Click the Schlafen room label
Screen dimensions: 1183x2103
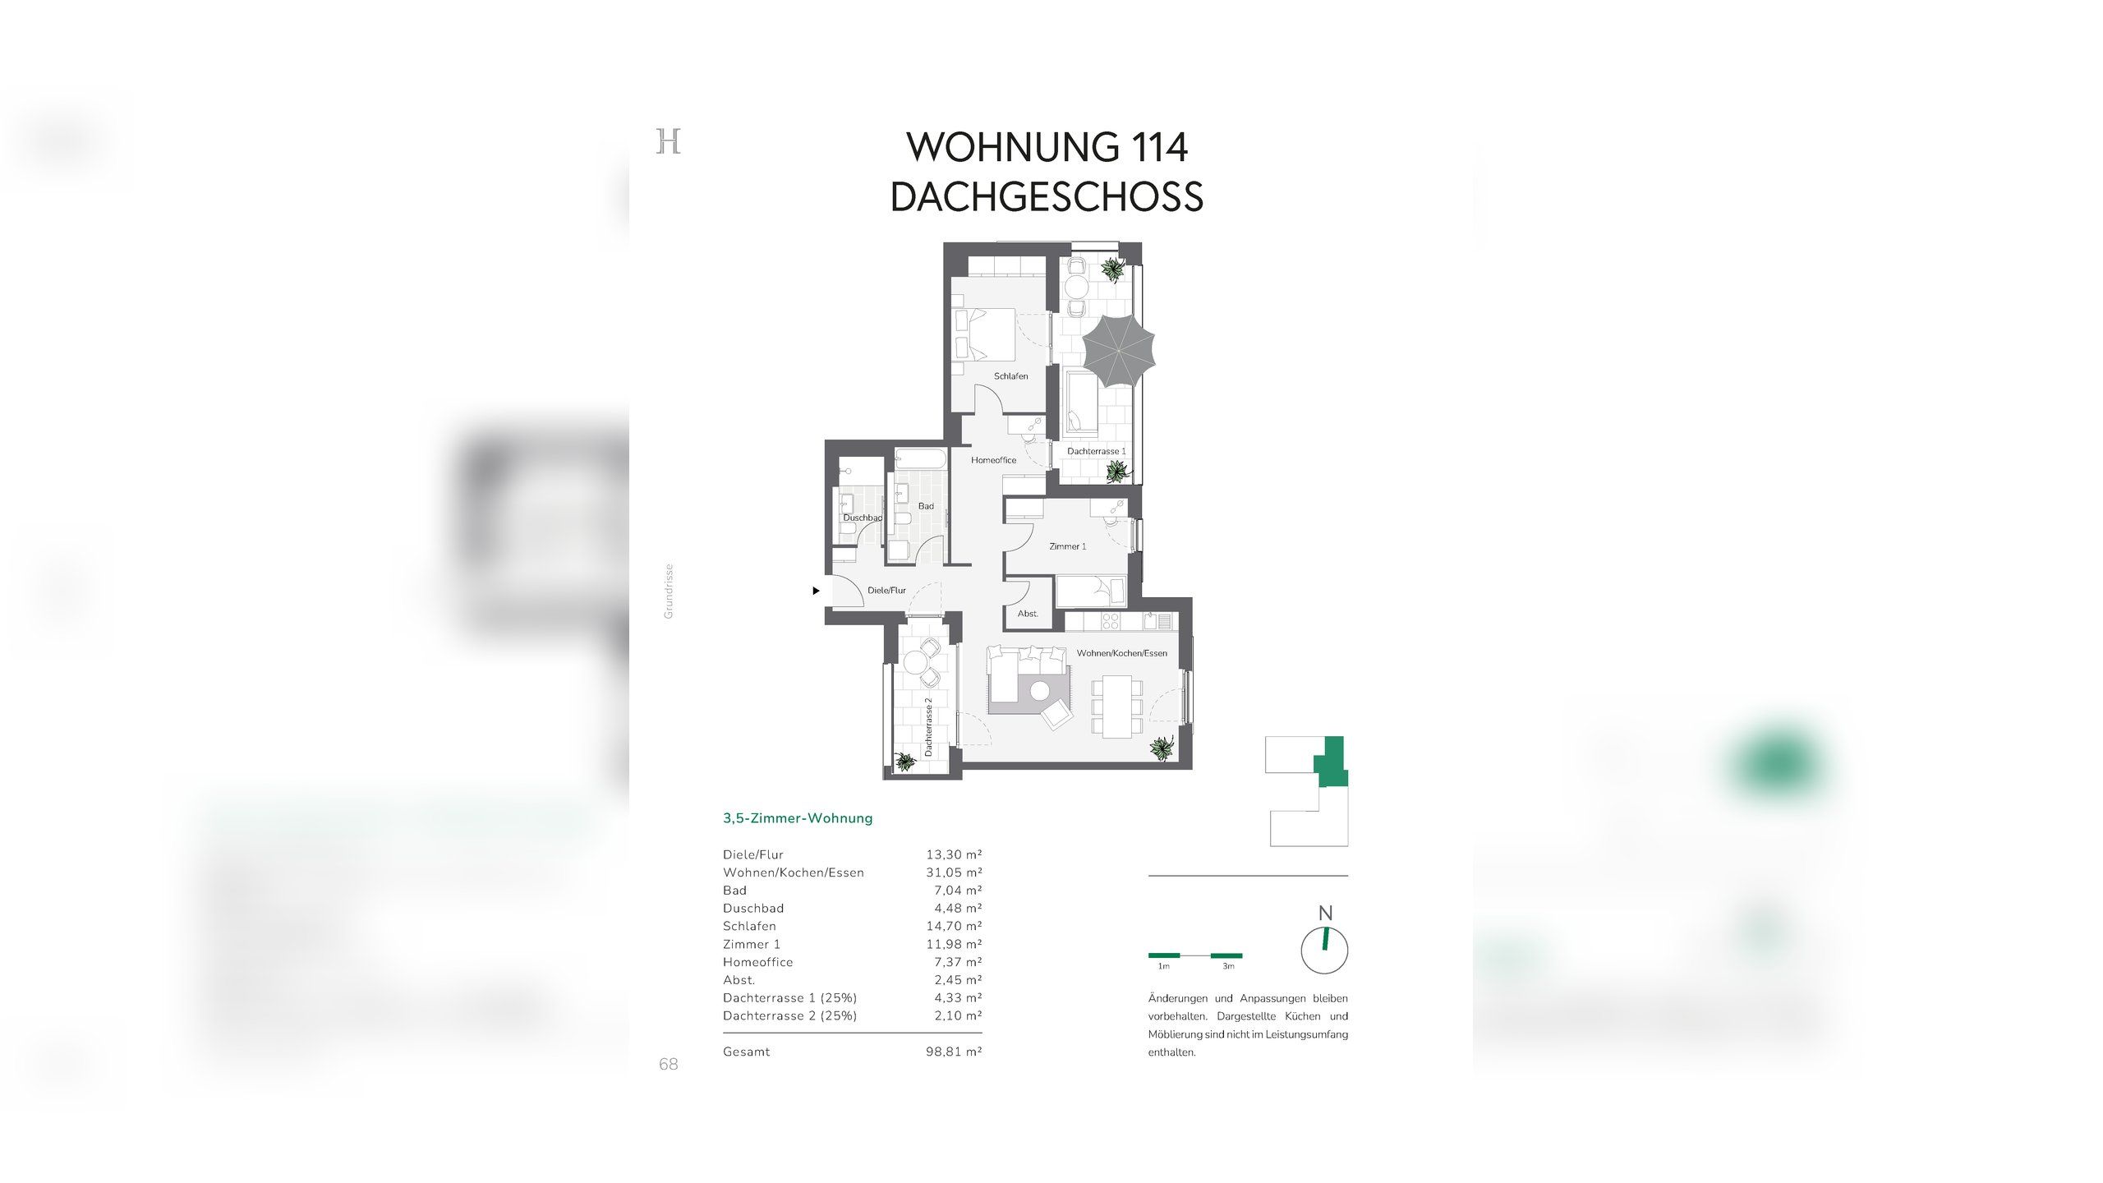click(1010, 376)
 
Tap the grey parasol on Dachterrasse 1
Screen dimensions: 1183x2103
click(1118, 351)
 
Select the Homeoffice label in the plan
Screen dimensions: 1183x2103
click(993, 460)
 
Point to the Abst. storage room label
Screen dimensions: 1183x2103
click(1028, 614)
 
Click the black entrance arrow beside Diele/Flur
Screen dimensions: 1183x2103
click(816, 591)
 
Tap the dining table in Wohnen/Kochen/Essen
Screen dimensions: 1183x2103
click(1116, 707)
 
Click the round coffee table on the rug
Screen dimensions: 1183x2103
click(1040, 690)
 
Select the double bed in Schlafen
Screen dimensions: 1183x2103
click(985, 334)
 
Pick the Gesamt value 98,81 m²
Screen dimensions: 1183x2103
click(953, 1052)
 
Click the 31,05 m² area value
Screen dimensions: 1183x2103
click(953, 872)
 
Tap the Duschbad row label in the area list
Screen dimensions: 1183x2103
click(752, 909)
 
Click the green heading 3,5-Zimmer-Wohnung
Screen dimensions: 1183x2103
click(797, 818)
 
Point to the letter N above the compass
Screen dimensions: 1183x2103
click(1325, 914)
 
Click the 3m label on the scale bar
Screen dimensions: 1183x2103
click(1228, 967)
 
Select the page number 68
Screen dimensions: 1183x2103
click(668, 1065)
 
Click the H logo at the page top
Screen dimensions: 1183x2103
click(668, 141)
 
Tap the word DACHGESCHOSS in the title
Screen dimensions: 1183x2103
click(1047, 197)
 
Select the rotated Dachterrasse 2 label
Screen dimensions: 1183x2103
click(928, 727)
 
